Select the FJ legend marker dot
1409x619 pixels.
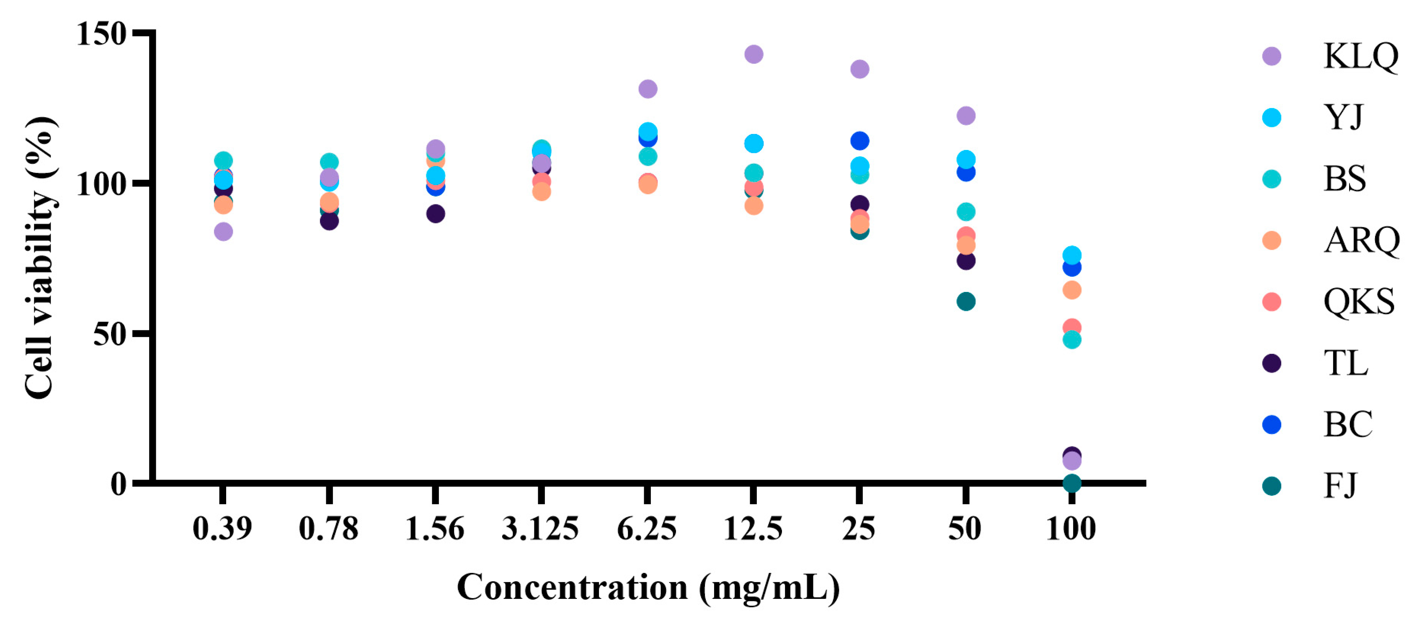(1271, 485)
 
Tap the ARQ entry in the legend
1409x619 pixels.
(1361, 240)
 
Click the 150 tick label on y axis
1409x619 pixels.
(102, 34)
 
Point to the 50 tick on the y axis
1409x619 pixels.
(109, 333)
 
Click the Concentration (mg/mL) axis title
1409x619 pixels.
(648, 588)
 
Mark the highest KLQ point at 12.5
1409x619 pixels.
(753, 54)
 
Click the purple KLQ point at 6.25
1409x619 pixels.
(648, 89)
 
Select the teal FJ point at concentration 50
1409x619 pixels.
(965, 301)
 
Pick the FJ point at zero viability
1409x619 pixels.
(1071, 483)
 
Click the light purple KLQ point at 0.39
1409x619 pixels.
(223, 231)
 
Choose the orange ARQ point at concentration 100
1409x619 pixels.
(1071, 290)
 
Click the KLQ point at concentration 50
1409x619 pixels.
(965, 115)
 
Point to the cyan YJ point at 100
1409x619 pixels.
(1071, 255)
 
